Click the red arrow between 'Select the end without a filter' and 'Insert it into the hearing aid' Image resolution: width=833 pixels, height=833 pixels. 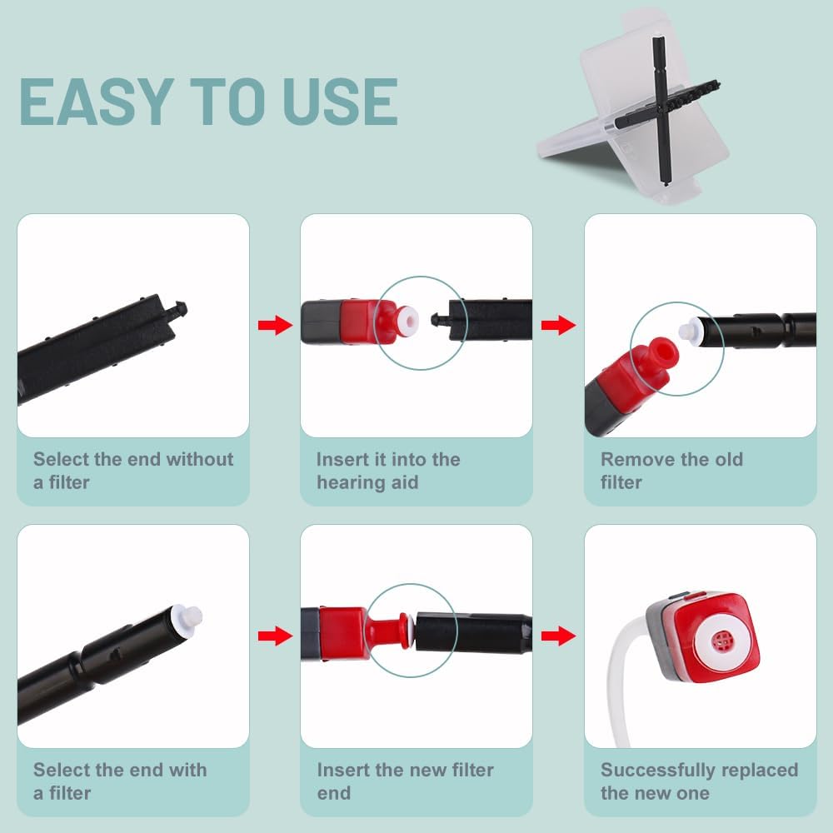click(275, 325)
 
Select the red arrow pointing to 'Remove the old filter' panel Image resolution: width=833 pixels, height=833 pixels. click(558, 325)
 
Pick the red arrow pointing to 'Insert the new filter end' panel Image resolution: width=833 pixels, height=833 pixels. click(275, 636)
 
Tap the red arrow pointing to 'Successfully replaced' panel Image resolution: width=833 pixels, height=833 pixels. click(558, 636)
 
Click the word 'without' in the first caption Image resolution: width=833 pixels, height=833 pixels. click(200, 459)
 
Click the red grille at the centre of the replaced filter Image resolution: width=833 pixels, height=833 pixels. click(721, 641)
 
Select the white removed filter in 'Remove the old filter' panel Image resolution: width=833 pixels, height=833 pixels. click(691, 330)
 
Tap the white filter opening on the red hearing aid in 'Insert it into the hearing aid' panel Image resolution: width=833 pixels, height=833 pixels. click(410, 320)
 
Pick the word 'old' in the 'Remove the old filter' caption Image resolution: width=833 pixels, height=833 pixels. click(728, 460)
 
